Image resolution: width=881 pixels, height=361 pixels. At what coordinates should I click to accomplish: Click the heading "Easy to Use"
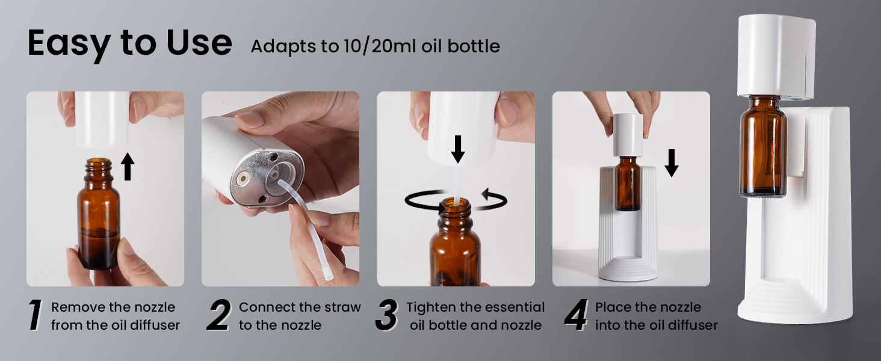[x=129, y=43]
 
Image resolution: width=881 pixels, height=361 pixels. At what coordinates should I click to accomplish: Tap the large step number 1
[x=36, y=315]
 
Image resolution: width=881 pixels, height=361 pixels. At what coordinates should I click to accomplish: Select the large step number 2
[x=219, y=315]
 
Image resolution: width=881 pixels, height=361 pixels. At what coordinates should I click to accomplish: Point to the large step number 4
[x=576, y=315]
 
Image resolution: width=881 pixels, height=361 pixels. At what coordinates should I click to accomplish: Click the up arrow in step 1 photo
[x=127, y=166]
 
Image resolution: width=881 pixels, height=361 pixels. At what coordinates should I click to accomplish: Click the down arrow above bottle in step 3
[x=458, y=149]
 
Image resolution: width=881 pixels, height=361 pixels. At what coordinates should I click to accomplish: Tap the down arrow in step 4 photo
[x=672, y=162]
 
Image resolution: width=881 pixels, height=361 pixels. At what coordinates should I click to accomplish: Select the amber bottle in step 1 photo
[x=98, y=223]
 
